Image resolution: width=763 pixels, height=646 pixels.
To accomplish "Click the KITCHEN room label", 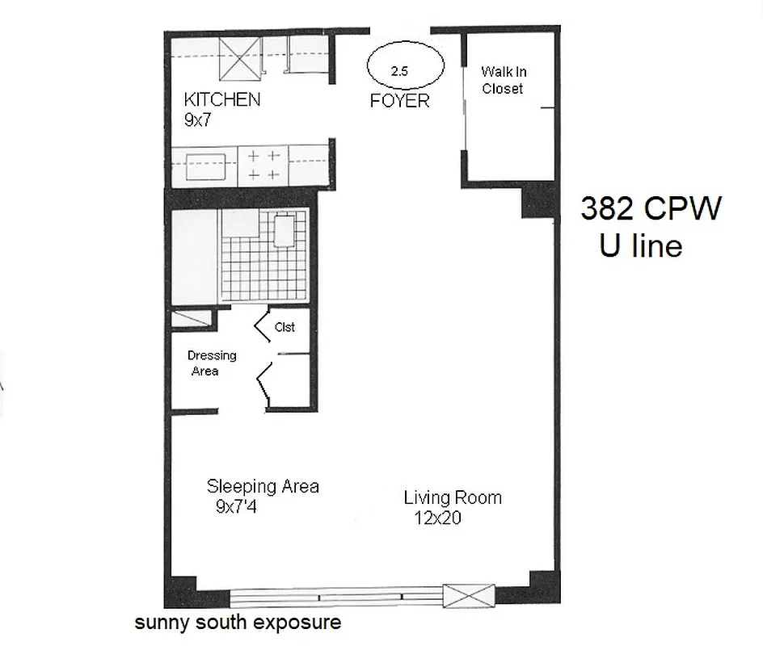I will coord(221,100).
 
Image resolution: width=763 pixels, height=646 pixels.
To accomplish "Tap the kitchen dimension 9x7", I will coord(202,120).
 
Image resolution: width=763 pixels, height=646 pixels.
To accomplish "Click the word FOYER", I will coord(399,102).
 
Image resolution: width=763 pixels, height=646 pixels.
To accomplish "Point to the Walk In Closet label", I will coord(504,81).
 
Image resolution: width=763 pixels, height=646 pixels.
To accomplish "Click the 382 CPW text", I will coord(650,209).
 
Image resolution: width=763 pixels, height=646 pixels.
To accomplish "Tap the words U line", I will coord(640,245).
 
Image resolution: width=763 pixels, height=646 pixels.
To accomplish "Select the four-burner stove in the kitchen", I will coord(263,165).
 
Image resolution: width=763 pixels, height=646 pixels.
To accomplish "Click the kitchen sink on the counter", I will coord(209,166).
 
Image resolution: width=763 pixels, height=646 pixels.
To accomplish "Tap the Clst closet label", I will coord(285,327).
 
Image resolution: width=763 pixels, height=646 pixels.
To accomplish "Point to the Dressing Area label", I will coord(212,363).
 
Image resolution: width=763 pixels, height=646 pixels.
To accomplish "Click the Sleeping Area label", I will coord(263,486).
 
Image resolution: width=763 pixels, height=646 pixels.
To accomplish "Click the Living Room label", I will coord(453,497).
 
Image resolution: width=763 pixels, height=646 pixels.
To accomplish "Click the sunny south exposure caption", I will coord(238,623).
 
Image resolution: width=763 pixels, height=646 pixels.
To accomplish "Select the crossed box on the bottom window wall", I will coord(468,596).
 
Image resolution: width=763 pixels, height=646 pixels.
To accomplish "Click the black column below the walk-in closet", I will coord(537,200).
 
